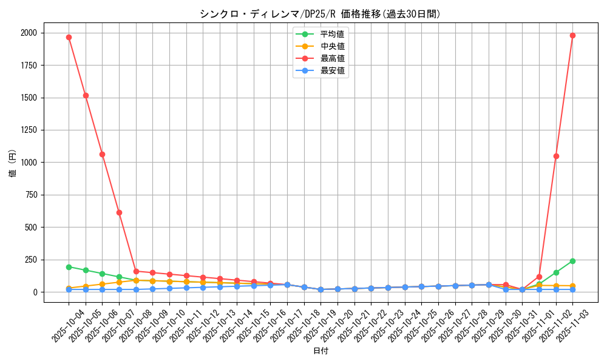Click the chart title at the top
pos(320,14)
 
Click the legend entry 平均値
pos(332,34)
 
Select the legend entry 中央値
pos(332,46)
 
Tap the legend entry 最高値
pos(332,58)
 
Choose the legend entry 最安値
pos(332,70)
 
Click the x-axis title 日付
pos(320,351)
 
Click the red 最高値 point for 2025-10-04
pos(69,37)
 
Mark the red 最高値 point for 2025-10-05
pos(86,95)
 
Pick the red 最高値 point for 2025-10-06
pos(102,154)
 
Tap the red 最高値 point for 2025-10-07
pos(119,212)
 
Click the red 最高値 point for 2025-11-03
pos(572,35)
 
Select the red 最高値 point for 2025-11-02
pos(556,156)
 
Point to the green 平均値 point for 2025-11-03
pos(572,261)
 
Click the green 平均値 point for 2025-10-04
pos(69,267)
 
